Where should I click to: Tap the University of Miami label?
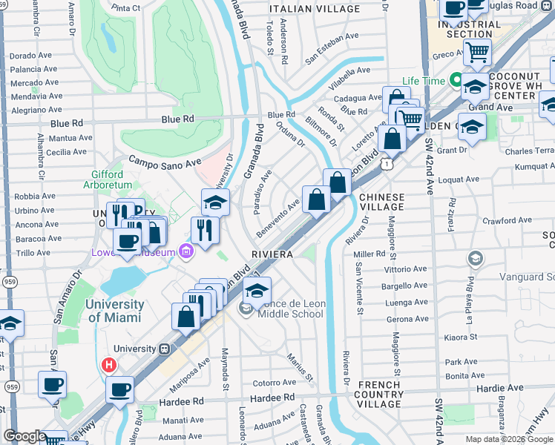pos(114,311)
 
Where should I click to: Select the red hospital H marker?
pos(109,365)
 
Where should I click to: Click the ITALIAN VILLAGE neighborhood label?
pos(315,8)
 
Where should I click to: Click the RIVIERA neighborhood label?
pos(272,254)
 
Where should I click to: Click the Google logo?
pos(24,436)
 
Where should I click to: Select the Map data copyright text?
pos(509,439)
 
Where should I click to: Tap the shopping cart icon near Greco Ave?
pos(477,53)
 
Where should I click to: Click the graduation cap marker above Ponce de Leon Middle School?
pos(257,291)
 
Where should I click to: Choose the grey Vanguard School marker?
pos(475,258)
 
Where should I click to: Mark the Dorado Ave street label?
pos(33,56)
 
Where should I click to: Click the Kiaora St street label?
pos(462,337)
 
